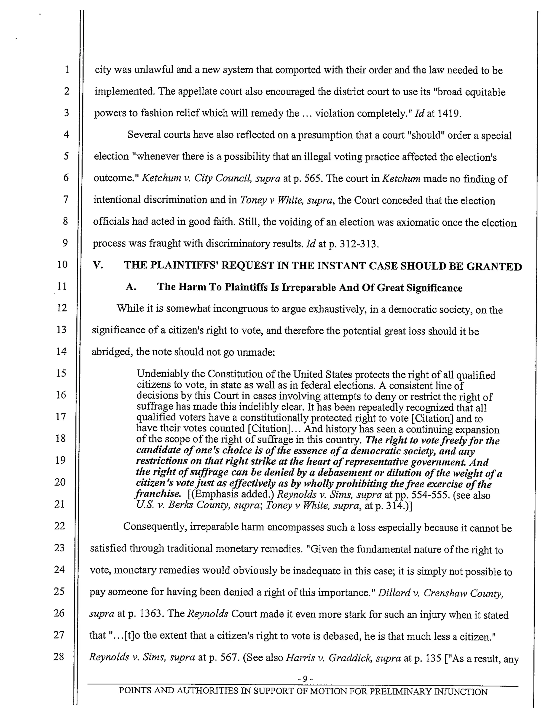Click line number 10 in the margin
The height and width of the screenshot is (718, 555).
tap(62, 264)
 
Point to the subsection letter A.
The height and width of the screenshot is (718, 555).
tap(131, 287)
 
